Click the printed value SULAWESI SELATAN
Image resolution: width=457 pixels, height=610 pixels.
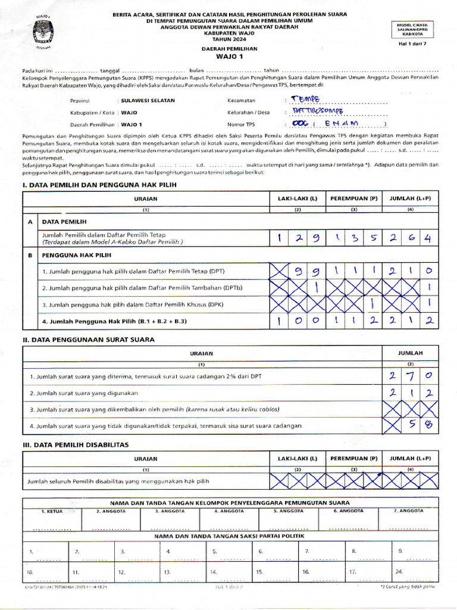[x=148, y=101]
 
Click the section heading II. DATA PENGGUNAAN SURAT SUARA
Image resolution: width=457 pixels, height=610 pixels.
[x=88, y=339]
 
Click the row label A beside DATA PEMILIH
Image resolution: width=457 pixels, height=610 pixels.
[x=29, y=220]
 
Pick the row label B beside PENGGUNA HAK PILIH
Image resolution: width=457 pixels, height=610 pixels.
[x=29, y=254]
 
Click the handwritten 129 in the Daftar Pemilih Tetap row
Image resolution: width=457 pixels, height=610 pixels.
[x=297, y=238]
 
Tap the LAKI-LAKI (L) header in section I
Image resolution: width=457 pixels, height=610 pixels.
[x=297, y=198]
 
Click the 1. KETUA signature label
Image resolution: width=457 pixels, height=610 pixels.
[x=52, y=511]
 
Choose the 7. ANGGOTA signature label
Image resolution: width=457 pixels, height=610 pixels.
[x=409, y=511]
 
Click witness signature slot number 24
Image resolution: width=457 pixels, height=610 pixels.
[x=399, y=572]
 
